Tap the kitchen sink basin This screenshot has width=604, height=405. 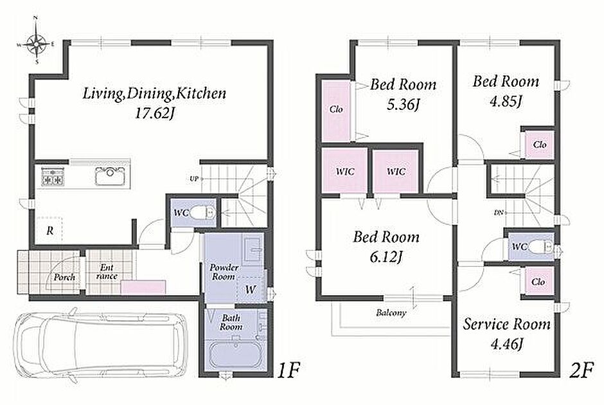point(111,175)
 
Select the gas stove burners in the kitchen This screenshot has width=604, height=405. point(53,176)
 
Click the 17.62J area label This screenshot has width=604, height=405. point(154,113)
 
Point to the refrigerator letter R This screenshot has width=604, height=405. point(50,231)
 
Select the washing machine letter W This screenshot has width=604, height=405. point(251,289)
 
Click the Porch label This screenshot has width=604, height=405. point(64,276)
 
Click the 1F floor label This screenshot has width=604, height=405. point(289,371)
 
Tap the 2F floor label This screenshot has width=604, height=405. point(581,371)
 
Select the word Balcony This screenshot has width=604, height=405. point(391,312)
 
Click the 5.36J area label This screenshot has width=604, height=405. point(403,104)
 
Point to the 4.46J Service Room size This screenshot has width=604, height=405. point(506,344)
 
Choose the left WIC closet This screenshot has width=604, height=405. point(344,171)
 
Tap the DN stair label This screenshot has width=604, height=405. point(499,212)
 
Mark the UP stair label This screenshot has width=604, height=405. point(194,179)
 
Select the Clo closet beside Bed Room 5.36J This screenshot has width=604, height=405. point(336,111)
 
